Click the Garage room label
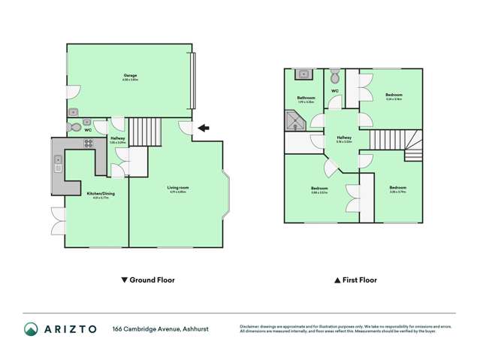pyautogui.click(x=130, y=75)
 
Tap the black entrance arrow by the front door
pyautogui.click(x=203, y=129)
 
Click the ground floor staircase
pyautogui.click(x=140, y=132)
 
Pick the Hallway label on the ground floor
pyautogui.click(x=118, y=139)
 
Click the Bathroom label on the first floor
pyautogui.click(x=306, y=98)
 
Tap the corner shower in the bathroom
pyautogui.click(x=292, y=120)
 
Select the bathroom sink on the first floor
pyautogui.click(x=303, y=74)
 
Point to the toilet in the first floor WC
pyautogui.click(x=335, y=76)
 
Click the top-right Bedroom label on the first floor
pyautogui.click(x=394, y=95)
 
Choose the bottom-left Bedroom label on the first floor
pyautogui.click(x=319, y=188)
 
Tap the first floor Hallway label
pyautogui.click(x=344, y=138)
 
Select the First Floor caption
pyautogui.click(x=355, y=280)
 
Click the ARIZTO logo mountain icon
pyautogui.click(x=31, y=329)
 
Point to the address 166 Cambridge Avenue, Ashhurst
pyautogui.click(x=161, y=329)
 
